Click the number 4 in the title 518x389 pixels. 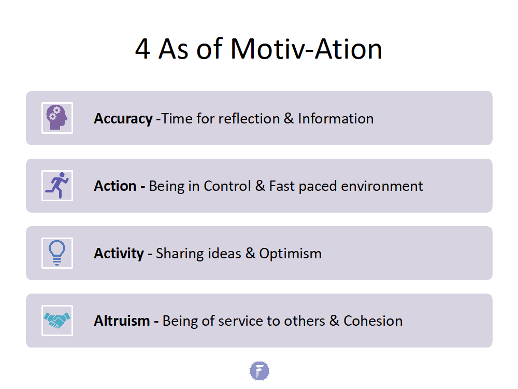click(x=143, y=49)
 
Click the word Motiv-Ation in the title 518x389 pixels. click(x=306, y=49)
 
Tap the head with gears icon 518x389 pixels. click(x=57, y=118)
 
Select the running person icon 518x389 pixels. click(x=57, y=185)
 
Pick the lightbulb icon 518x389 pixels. click(x=57, y=253)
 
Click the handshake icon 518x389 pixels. click(x=57, y=320)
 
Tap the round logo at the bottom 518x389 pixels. click(x=260, y=371)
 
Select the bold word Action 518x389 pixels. click(x=116, y=186)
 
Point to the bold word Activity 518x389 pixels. click(x=119, y=254)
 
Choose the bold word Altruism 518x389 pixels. click(x=122, y=321)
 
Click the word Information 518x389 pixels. click(x=336, y=119)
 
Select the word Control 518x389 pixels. click(x=227, y=186)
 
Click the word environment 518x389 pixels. click(x=382, y=186)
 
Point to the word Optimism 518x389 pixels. click(x=290, y=254)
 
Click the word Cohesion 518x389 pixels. click(x=373, y=321)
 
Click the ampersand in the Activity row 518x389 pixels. click(x=250, y=254)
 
